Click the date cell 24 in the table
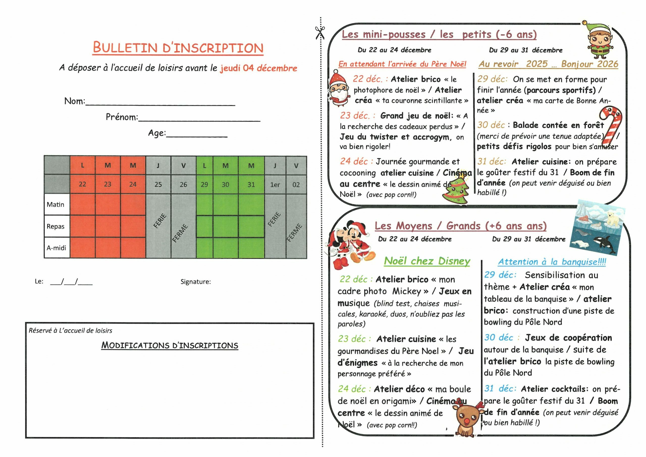click(x=133, y=184)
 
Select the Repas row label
click(x=56, y=226)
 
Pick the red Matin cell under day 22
click(x=83, y=205)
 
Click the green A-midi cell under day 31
click(x=251, y=248)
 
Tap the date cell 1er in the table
click(x=275, y=185)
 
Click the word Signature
click(x=196, y=282)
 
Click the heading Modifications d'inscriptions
click(x=170, y=345)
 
